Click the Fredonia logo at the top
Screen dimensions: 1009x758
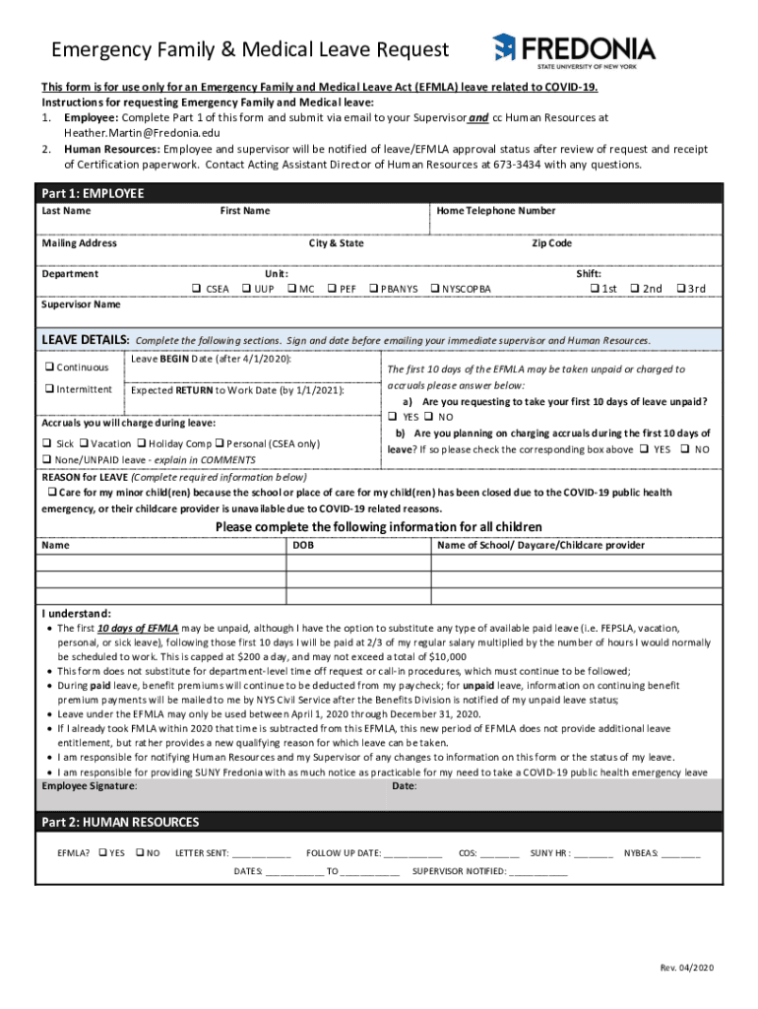click(573, 47)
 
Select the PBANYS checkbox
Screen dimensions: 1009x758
click(373, 289)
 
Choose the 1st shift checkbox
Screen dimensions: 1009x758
click(594, 289)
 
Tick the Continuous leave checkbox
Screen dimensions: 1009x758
click(47, 368)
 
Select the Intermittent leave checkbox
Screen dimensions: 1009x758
click(47, 389)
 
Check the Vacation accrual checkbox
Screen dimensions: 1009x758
click(85, 443)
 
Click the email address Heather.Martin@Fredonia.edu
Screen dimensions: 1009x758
click(142, 132)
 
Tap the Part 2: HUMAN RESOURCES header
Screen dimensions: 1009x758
click(120, 822)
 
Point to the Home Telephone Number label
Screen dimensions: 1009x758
click(496, 211)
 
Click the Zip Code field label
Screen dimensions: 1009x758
click(551, 243)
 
